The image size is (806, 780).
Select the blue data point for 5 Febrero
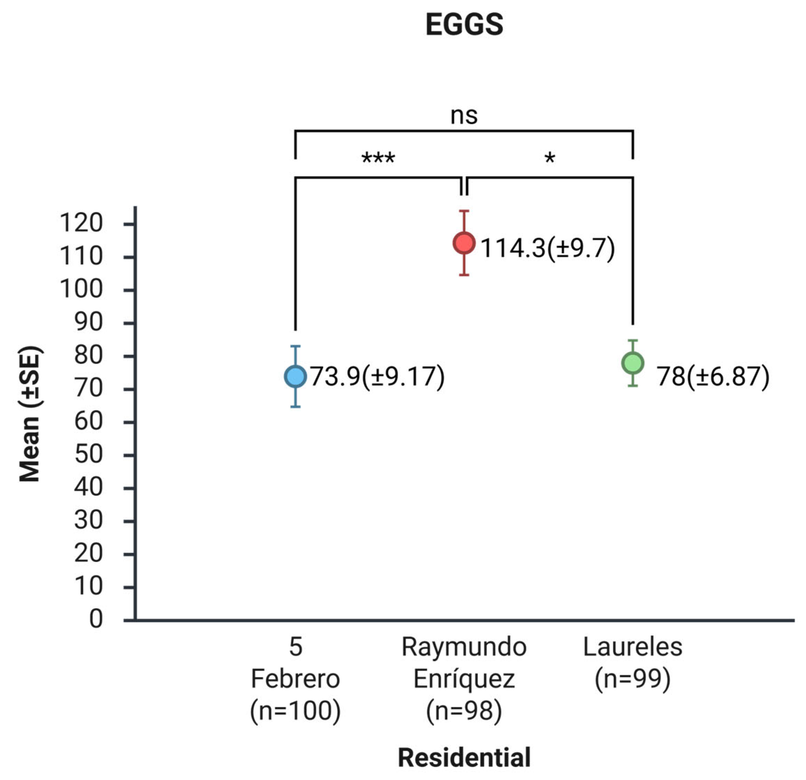click(x=295, y=376)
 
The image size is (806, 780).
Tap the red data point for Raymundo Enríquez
click(x=464, y=243)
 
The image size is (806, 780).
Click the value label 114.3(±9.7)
click(x=547, y=248)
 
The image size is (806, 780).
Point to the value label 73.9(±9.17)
click(x=377, y=376)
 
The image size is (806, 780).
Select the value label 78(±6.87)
click(x=712, y=376)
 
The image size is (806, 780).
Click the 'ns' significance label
click(x=464, y=116)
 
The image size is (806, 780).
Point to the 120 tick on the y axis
click(x=81, y=223)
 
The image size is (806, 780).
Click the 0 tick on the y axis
click(x=96, y=619)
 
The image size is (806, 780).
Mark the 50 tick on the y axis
click(x=88, y=455)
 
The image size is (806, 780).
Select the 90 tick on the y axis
click(x=88, y=323)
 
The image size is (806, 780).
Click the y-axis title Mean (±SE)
click(x=29, y=414)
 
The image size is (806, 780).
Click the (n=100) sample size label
click(x=295, y=711)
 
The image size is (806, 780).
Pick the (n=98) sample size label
click(x=464, y=711)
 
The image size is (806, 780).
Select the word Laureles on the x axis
click(x=633, y=647)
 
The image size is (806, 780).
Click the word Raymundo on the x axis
click(x=464, y=647)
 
